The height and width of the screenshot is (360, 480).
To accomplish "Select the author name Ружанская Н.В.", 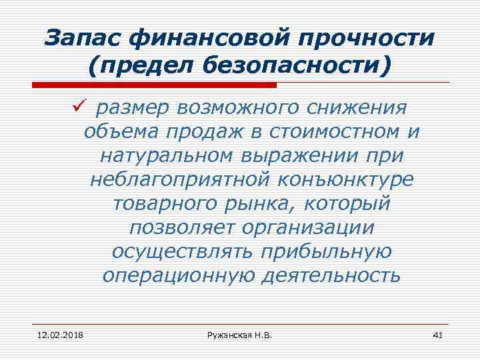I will [x=239, y=334].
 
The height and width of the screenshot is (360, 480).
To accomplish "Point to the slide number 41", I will [x=437, y=334].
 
